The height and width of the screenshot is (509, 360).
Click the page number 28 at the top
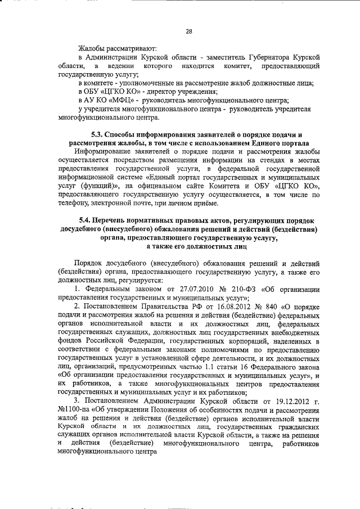coord(188,31)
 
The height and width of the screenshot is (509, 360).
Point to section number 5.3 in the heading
coord(99,135)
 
